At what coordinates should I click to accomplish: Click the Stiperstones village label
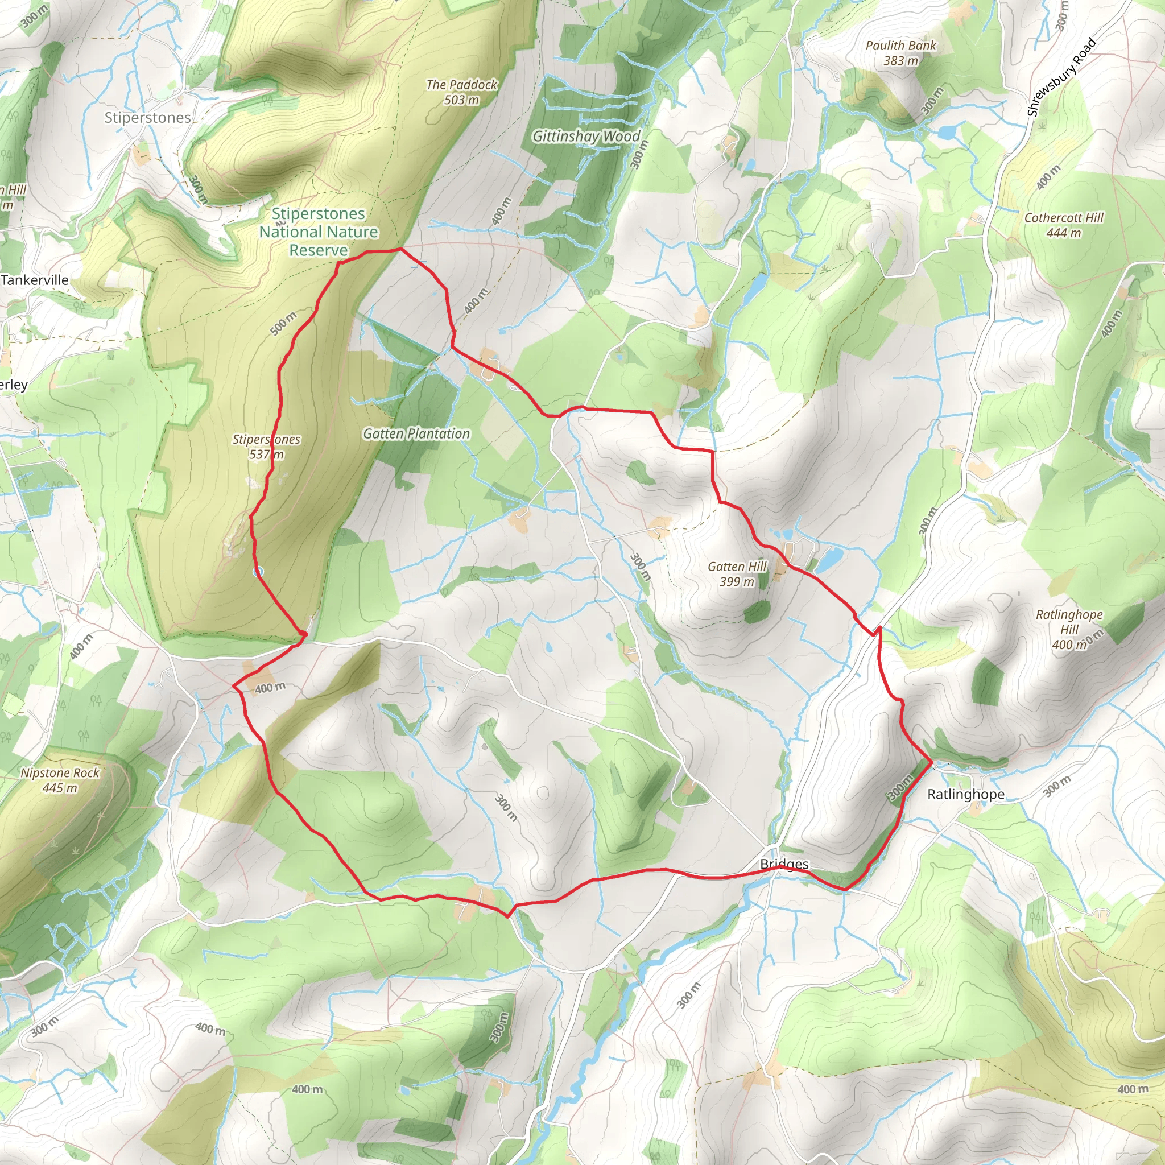click(x=147, y=118)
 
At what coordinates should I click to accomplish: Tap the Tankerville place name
click(x=35, y=280)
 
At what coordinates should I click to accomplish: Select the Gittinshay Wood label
click(x=585, y=137)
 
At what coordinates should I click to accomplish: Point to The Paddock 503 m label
click(x=461, y=92)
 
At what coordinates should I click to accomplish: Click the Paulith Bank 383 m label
click(x=901, y=53)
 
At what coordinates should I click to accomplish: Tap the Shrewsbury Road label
click(x=1061, y=77)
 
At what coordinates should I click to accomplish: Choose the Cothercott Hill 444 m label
click(x=1064, y=225)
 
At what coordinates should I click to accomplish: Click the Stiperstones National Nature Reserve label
click(x=319, y=232)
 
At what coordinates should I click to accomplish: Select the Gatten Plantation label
click(x=416, y=433)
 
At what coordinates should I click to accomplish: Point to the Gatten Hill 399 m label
click(x=737, y=574)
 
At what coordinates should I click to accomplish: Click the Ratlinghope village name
click(x=966, y=794)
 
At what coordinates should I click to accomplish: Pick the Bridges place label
click(x=784, y=864)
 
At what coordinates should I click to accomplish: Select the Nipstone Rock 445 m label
click(x=60, y=780)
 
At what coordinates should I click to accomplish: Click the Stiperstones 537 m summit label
click(x=267, y=447)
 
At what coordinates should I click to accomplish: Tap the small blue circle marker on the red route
click(x=258, y=571)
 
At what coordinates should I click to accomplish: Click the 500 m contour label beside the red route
click(x=283, y=324)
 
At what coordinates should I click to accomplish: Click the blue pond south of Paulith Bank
click(x=947, y=131)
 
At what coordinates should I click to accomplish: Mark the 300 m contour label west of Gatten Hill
click(x=641, y=567)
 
